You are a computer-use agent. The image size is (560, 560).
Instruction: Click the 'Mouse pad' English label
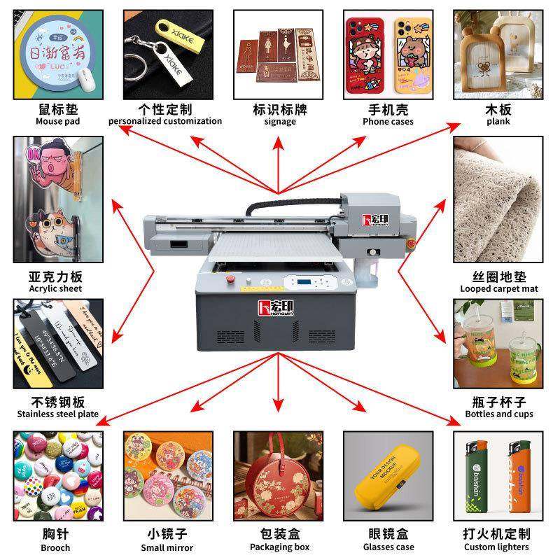(x=57, y=121)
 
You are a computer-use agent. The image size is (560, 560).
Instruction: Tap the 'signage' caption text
(x=279, y=121)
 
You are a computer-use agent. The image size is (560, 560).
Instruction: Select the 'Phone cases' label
(x=388, y=121)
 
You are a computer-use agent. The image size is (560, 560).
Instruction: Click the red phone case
(x=364, y=53)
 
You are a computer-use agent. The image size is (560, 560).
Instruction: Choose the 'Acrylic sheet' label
(x=55, y=288)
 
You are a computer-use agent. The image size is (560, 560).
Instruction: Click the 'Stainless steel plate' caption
(x=58, y=414)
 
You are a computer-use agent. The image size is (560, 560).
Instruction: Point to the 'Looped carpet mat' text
(x=499, y=288)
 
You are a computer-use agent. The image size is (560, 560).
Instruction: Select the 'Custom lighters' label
(x=499, y=547)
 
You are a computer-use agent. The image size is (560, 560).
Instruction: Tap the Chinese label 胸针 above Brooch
(x=56, y=533)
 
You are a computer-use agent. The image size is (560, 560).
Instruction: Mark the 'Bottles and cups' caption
(x=499, y=414)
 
